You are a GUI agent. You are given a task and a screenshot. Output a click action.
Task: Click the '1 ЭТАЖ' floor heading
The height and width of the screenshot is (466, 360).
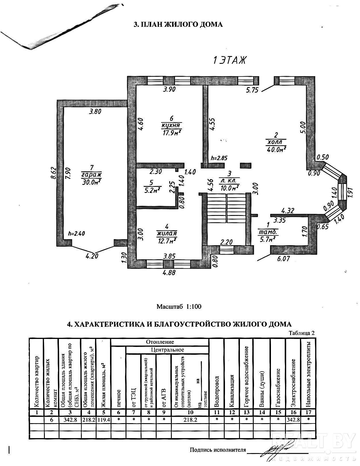click(x=229, y=60)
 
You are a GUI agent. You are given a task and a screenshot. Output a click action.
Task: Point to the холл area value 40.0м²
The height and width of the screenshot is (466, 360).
click(x=277, y=149)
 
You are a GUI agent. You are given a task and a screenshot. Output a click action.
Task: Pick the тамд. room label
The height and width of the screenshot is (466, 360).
click(x=268, y=232)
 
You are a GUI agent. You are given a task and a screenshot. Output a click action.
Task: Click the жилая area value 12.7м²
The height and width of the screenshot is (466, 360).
click(x=167, y=239)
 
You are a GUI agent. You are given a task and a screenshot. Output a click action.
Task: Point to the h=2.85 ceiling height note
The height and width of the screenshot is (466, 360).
click(x=219, y=158)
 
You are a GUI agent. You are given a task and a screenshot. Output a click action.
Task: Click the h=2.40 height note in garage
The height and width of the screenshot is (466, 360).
click(x=76, y=234)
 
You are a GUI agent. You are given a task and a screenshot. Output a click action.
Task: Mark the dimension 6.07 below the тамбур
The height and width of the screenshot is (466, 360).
click(x=284, y=259)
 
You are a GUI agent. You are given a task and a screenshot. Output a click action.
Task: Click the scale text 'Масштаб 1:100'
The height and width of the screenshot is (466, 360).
click(x=179, y=306)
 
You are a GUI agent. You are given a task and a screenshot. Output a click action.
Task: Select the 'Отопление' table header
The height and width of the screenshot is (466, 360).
click(x=160, y=342)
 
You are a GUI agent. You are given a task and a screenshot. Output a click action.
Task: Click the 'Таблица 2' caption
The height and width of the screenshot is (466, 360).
click(x=302, y=333)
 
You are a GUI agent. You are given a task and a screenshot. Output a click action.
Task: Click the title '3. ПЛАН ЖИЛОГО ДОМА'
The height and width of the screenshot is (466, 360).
click(x=178, y=24)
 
